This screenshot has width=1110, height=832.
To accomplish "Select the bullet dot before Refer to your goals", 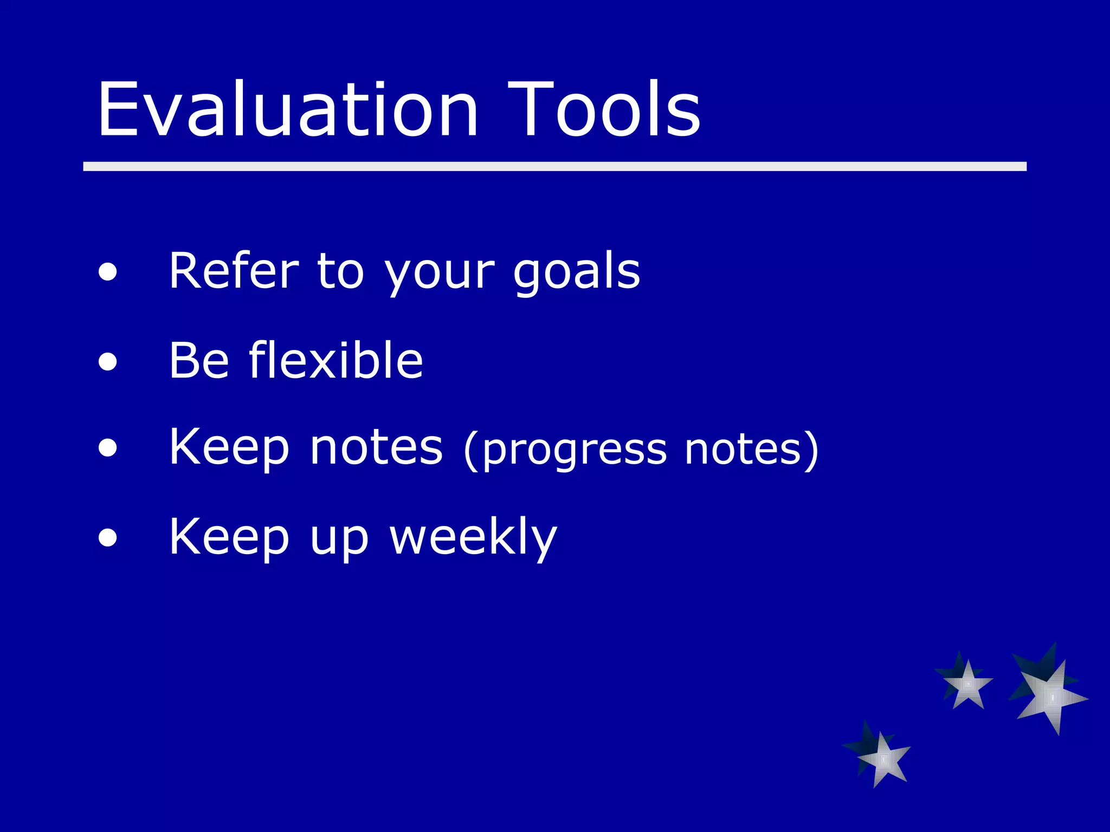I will [108, 272].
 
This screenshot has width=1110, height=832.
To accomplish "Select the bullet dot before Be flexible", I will [108, 361].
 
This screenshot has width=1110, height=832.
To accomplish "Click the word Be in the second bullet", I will [199, 361].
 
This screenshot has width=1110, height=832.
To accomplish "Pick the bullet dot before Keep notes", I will [108, 448].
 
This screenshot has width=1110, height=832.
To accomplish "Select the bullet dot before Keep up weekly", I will [108, 538].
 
